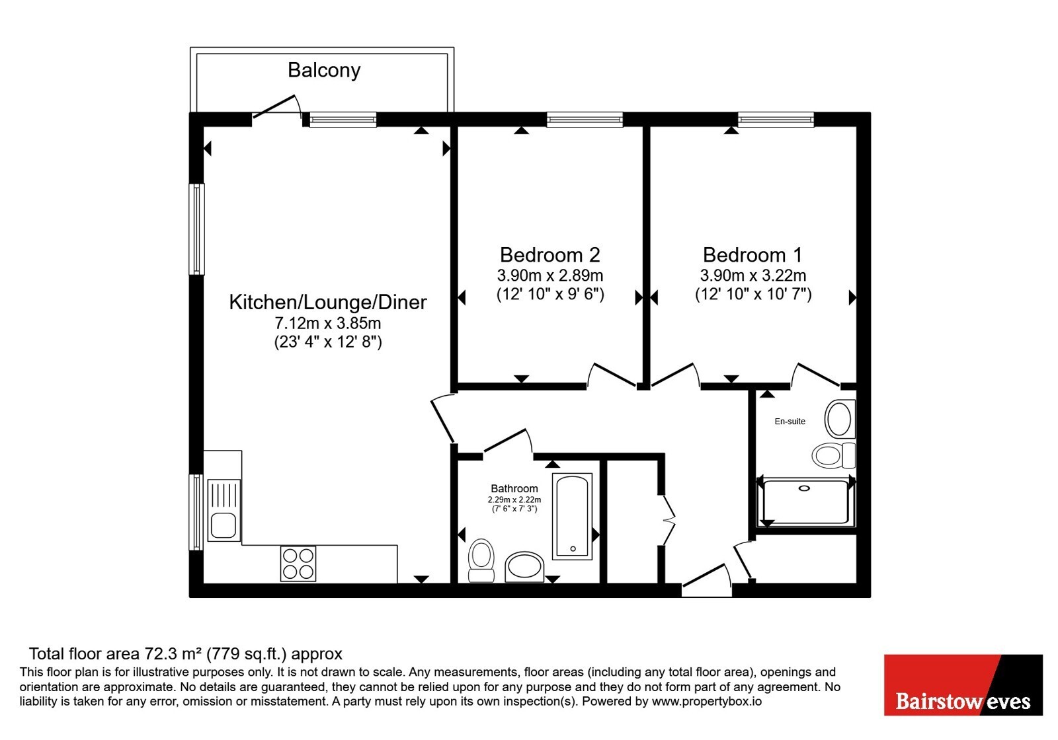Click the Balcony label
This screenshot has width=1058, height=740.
click(324, 70)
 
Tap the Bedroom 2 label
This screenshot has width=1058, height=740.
click(549, 255)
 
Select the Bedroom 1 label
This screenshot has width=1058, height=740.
click(753, 255)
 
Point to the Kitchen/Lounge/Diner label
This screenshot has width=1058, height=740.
click(328, 303)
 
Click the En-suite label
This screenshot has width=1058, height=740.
click(790, 422)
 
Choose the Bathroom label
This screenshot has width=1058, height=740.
click(514, 488)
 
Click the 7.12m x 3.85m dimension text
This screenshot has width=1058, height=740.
click(328, 323)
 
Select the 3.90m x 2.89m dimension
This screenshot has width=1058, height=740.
click(549, 275)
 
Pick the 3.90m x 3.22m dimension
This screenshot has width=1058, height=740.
click(753, 275)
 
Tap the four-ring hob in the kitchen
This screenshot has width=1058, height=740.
click(298, 564)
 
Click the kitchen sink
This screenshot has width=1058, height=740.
click(224, 510)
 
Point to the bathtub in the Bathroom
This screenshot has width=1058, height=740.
click(573, 516)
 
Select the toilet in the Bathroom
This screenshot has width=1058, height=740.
click(481, 561)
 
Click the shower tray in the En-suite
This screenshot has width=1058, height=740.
click(806, 501)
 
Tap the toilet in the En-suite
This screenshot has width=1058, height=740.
click(834, 455)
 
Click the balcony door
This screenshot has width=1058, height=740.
click(277, 107)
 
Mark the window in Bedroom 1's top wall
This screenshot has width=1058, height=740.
click(776, 120)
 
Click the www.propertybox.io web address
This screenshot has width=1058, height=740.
click(707, 701)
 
